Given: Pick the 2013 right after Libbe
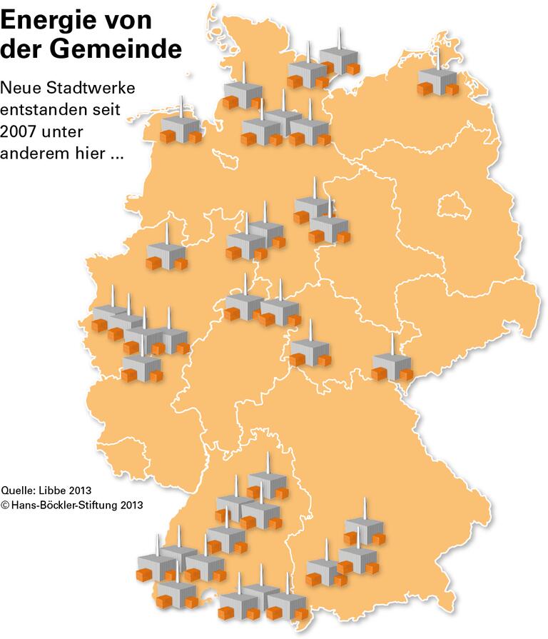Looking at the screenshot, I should point(82,490).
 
